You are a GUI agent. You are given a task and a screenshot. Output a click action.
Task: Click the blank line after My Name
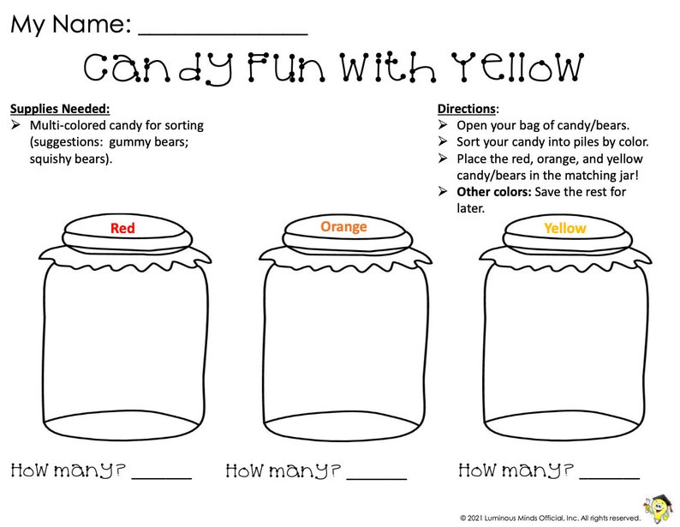point(223,33)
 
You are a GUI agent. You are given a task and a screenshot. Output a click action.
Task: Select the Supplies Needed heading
point(60,109)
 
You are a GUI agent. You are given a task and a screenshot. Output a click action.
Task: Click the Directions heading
point(467,109)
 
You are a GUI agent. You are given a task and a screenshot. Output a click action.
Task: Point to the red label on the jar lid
point(122,229)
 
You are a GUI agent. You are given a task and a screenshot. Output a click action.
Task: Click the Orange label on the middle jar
point(343,227)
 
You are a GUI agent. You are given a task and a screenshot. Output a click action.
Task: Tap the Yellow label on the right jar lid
point(565,229)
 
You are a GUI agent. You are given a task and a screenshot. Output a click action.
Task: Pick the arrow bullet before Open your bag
point(444,125)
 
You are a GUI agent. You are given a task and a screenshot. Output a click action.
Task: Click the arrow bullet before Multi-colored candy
point(16,125)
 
